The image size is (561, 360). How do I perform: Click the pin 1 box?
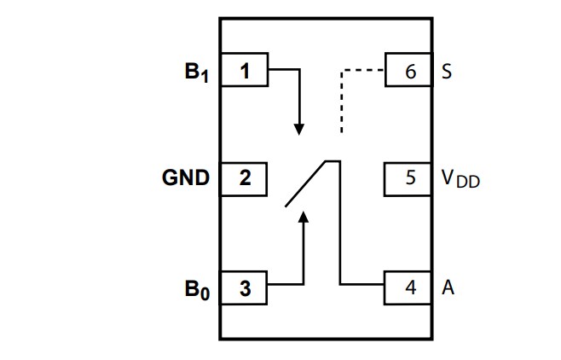(245, 72)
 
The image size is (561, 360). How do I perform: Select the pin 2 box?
(245, 178)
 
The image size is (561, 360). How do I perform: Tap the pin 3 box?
(245, 288)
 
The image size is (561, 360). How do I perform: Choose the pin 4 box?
(410, 288)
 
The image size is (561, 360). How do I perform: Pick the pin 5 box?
(410, 178)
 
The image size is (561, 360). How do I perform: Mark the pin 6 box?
(410, 72)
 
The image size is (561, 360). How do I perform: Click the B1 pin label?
(197, 73)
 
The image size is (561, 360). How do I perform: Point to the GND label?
(186, 178)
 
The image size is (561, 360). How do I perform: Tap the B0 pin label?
(197, 289)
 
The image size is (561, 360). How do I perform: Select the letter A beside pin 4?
(448, 288)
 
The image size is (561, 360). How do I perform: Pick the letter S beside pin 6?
(447, 72)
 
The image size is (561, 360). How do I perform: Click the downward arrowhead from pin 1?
(299, 128)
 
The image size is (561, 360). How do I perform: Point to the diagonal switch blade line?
(305, 183)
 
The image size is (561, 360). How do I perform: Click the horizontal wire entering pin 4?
(362, 284)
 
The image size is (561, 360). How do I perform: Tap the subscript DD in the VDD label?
(467, 183)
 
